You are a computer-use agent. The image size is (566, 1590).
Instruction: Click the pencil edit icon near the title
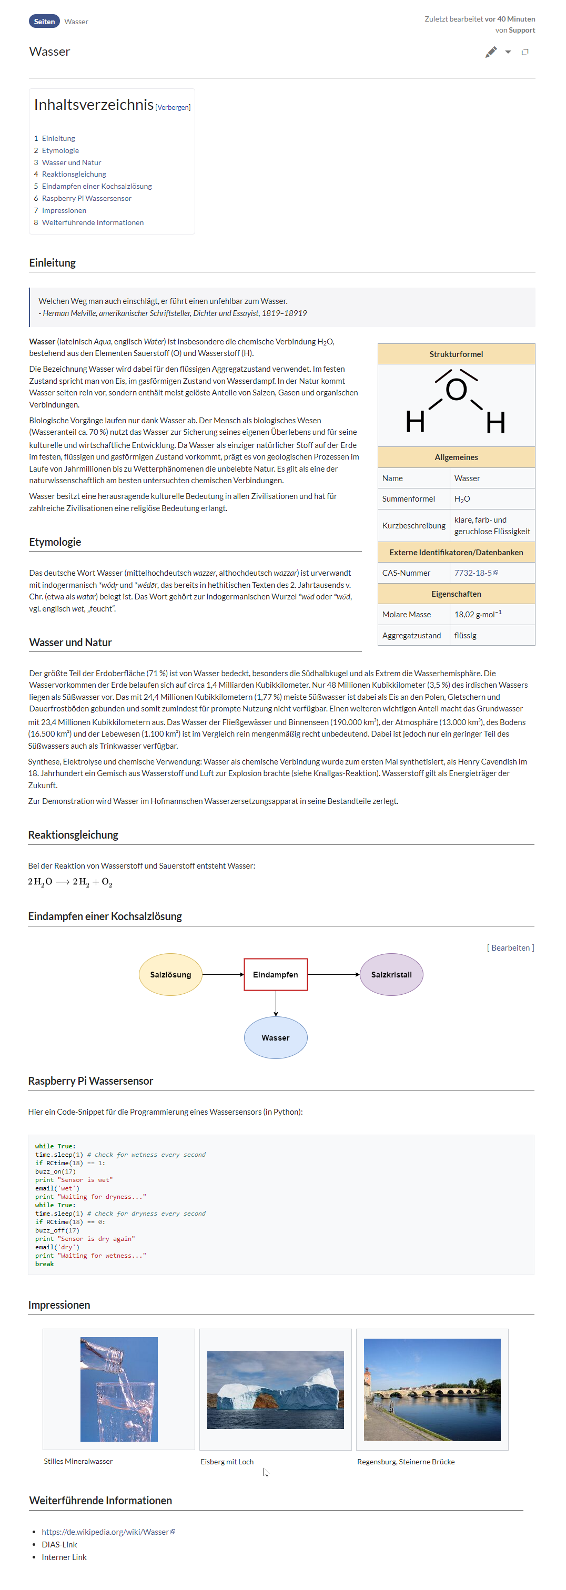click(491, 53)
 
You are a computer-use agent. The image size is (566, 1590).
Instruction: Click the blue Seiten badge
click(44, 22)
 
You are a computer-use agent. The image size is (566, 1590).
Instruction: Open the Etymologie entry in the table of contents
click(60, 150)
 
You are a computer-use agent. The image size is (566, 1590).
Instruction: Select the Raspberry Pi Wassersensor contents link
click(86, 198)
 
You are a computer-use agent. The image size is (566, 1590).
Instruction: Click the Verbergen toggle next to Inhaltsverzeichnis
click(173, 107)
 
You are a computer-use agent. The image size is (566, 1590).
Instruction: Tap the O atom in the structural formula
click(456, 390)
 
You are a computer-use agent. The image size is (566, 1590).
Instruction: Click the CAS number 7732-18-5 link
click(473, 573)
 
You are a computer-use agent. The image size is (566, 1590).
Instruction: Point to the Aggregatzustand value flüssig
click(466, 635)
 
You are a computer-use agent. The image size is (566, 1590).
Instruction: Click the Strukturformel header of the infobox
click(456, 354)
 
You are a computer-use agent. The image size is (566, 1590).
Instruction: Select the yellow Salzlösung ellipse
click(170, 975)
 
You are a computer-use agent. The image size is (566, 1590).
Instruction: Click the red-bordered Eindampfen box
click(275, 975)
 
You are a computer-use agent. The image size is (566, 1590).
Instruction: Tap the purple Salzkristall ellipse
click(391, 975)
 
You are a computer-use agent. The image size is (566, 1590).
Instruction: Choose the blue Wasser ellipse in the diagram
click(275, 1037)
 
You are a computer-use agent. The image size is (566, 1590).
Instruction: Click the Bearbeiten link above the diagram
click(510, 947)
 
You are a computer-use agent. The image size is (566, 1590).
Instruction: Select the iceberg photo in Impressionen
click(275, 1389)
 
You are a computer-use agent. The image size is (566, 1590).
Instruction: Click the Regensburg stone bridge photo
click(432, 1389)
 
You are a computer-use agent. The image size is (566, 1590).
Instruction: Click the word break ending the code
click(44, 1264)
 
